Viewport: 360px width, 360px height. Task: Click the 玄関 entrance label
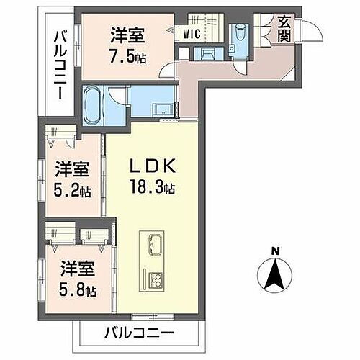(284, 30)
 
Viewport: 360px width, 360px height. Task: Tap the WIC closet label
(192, 32)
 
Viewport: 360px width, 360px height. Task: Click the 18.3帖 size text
(153, 189)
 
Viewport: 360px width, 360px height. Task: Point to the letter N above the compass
(274, 251)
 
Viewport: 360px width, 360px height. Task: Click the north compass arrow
(274, 274)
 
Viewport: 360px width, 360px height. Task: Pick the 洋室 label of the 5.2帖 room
(71, 170)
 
